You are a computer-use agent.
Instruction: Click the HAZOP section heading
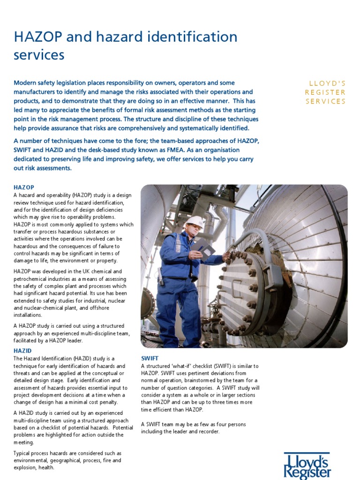[24, 187]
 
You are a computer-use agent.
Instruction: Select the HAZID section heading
[22, 351]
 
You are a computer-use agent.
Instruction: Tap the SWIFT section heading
[150, 358]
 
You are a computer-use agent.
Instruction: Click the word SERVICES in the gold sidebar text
[325, 101]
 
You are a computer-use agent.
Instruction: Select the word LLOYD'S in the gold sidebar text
[327, 83]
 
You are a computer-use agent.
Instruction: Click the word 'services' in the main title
[39, 55]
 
